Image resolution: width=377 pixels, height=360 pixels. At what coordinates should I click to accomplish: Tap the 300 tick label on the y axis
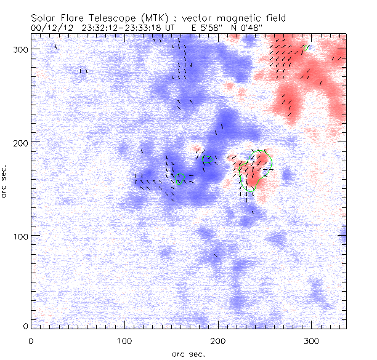coord(21,49)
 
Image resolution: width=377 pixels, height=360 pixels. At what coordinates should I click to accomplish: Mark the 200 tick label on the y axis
coord(21,142)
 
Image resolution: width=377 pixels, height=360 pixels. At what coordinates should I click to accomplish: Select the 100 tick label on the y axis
coord(21,236)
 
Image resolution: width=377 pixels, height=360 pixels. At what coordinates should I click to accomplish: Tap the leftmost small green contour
coord(180,178)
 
